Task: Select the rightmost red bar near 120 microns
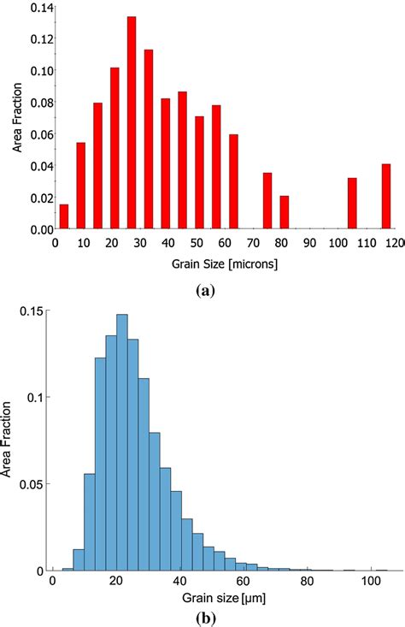pos(386,197)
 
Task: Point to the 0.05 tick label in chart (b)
pos(32,483)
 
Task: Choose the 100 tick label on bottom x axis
pos(370,583)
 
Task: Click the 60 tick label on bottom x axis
pos(243,583)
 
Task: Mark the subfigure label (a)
pos(205,290)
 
